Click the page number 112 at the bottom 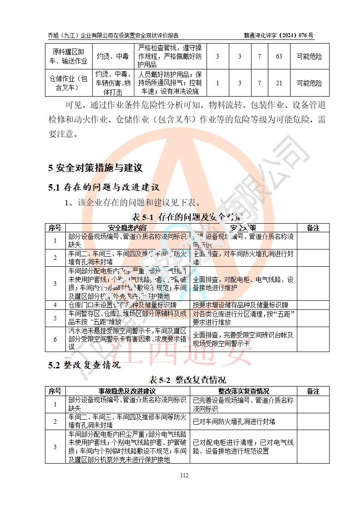tap(184, 475)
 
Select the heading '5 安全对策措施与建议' tap(95, 168)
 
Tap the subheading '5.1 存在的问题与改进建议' tap(104, 187)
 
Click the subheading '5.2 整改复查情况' tap(84, 365)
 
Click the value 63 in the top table tap(279, 57)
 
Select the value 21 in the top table tap(279, 83)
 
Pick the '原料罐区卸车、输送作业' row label tap(68, 57)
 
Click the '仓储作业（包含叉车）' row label tap(68, 83)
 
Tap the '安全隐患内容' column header tap(128, 227)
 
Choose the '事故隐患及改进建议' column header tap(128, 391)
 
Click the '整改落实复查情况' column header tap(243, 391)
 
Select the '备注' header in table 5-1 tap(313, 227)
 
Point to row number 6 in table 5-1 tap(55, 339)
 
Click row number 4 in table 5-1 tap(55, 305)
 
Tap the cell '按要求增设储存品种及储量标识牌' tap(243, 305)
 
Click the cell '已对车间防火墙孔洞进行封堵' tap(234, 421)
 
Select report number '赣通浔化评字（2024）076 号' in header tap(278, 35)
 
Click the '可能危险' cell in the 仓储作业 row tap(310, 83)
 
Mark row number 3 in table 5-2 tap(55, 447)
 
